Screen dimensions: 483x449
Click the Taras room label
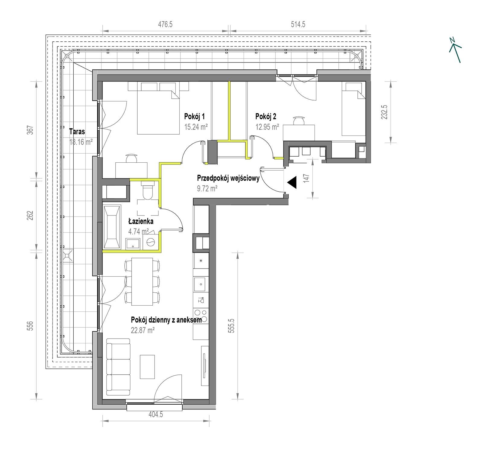[x=77, y=132]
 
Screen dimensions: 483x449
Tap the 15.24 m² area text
[x=196, y=127]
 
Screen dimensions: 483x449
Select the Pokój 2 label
[x=266, y=116]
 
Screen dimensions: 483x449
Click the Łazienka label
[x=141, y=221]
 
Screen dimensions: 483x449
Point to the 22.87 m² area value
[x=143, y=330]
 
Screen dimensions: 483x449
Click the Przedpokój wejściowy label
[x=228, y=178]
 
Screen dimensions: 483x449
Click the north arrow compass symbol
[x=455, y=50]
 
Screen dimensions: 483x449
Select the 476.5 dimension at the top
[x=165, y=24]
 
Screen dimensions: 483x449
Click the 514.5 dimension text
[x=298, y=24]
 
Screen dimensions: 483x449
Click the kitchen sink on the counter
[x=200, y=284]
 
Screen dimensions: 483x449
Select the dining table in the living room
[x=142, y=281]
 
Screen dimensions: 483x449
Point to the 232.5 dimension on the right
[x=384, y=111]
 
